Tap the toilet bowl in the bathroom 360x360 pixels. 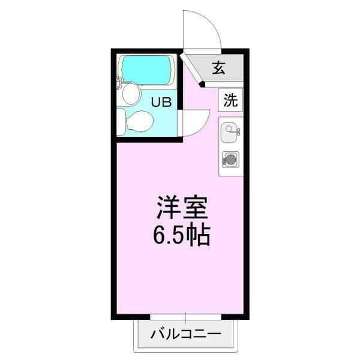pyautogui.click(x=142, y=122)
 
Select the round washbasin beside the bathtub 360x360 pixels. pyautogui.click(x=131, y=94)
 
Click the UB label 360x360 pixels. pyautogui.click(x=161, y=102)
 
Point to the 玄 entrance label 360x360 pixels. pyautogui.click(x=218, y=68)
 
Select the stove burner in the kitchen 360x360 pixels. pyautogui.click(x=230, y=160)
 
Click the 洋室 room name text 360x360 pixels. pyautogui.click(x=182, y=209)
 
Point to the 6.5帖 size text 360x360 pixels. pyautogui.click(x=182, y=236)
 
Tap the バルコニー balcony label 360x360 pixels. pyautogui.click(x=185, y=334)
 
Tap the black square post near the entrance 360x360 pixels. pyautogui.click(x=203, y=85)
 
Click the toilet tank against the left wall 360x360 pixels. pyautogui.click(x=122, y=122)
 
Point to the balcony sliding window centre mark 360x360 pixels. pyautogui.click(x=186, y=317)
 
